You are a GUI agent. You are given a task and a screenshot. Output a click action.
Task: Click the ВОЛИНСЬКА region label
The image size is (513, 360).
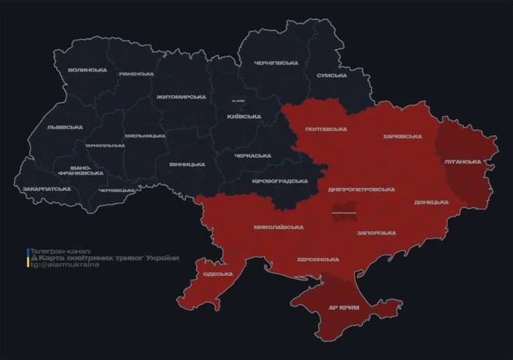click(x=88, y=70)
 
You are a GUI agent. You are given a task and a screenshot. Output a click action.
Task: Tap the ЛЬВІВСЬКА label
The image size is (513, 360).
click(x=65, y=127)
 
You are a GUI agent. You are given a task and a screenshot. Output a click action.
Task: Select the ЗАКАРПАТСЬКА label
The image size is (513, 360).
click(x=46, y=189)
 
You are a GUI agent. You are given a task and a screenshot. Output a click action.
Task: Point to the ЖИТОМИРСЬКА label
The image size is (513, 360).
click(x=181, y=96)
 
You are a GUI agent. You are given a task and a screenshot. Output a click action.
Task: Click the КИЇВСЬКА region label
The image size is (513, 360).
click(x=244, y=116)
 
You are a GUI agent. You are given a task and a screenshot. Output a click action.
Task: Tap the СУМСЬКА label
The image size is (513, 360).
click(x=331, y=75)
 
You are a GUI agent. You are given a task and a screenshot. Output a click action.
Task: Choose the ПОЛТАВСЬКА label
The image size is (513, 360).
click(x=326, y=129)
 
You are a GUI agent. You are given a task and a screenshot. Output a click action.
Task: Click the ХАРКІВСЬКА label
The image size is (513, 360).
click(x=402, y=136)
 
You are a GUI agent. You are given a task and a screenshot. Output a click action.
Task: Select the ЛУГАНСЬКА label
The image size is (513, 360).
click(x=462, y=162)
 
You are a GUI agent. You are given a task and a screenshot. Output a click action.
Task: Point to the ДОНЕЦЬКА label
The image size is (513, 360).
click(x=431, y=202)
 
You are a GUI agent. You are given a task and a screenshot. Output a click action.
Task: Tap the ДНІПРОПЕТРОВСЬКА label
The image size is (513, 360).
click(x=361, y=190)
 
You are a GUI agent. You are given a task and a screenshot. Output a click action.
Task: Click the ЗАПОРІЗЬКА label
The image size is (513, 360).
click(x=375, y=233)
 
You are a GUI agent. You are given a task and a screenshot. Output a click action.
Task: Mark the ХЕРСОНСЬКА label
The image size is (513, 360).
click(x=318, y=259)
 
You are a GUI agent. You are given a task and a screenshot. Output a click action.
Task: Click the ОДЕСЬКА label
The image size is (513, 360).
click(x=217, y=274)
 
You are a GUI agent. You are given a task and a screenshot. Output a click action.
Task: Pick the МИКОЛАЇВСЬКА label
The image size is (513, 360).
click(x=279, y=227)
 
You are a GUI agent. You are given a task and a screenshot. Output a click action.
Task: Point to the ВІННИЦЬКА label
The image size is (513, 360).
click(x=187, y=164)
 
